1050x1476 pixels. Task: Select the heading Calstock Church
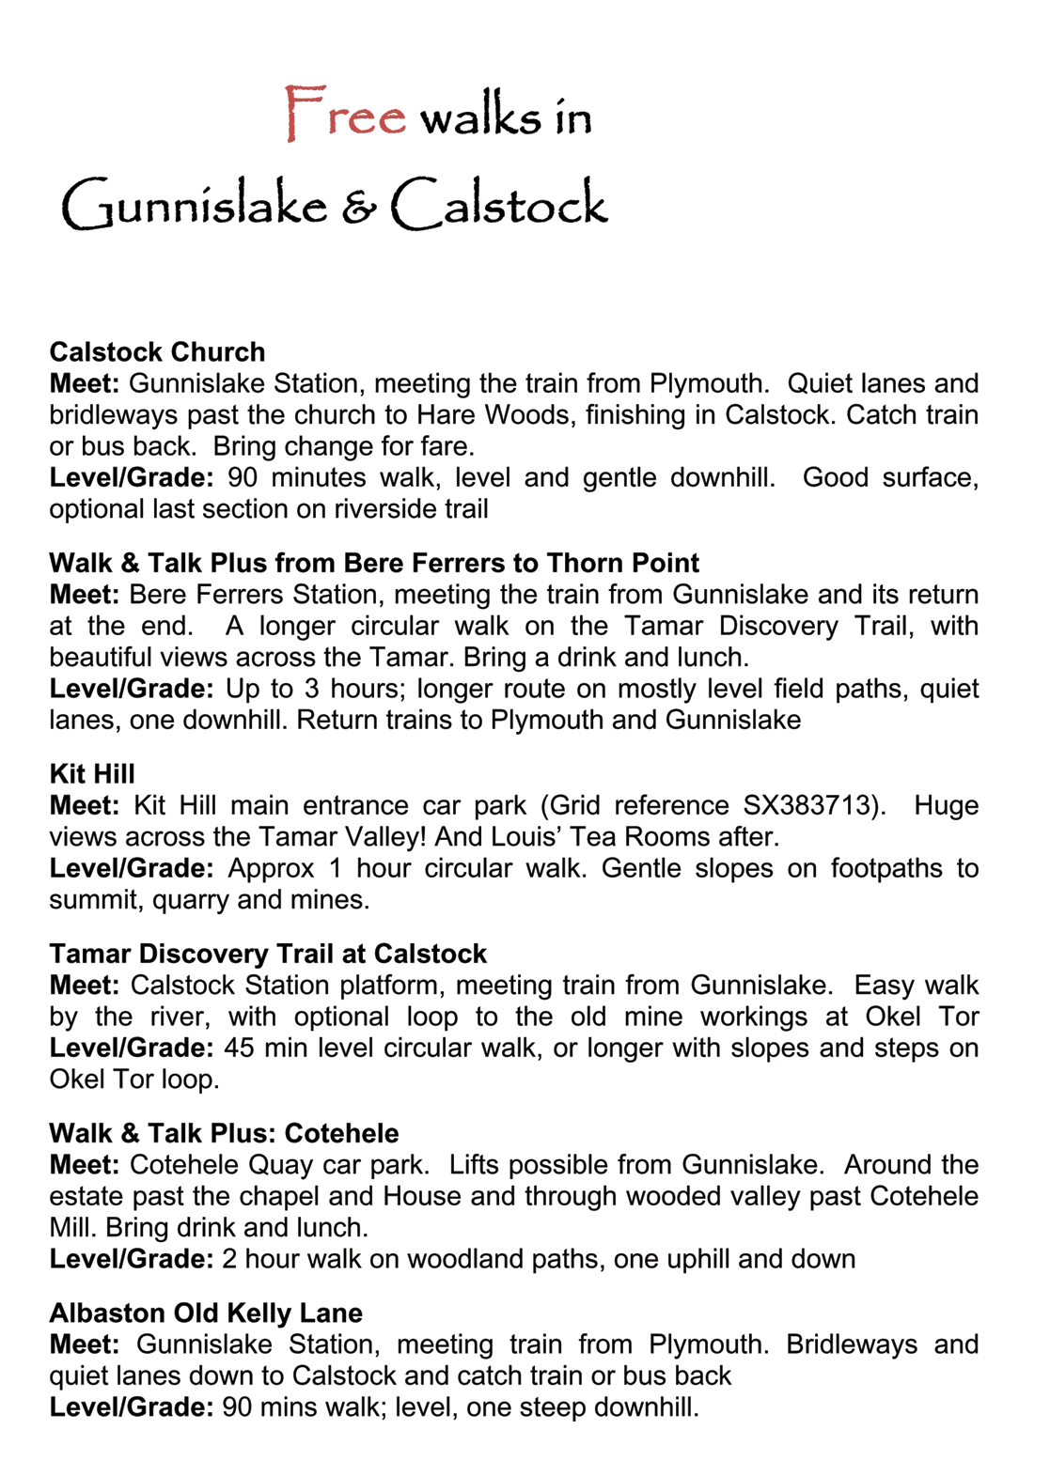coord(157,352)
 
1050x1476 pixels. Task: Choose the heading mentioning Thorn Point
coord(373,563)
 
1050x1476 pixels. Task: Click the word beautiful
coord(103,657)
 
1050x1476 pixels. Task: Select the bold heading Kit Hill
coord(92,774)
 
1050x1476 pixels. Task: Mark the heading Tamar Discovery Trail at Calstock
coord(268,954)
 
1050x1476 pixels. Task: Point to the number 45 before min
coord(240,1048)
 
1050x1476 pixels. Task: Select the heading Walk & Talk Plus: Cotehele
coord(224,1133)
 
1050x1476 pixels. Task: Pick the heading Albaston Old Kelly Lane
coord(206,1313)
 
